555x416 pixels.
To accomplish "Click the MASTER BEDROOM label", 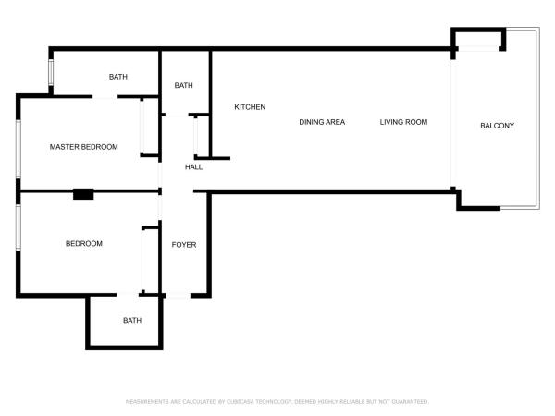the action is click(84, 147).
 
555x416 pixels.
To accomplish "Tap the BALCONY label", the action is click(497, 126).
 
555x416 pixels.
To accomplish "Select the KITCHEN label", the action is click(250, 107).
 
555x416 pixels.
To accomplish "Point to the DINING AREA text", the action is click(322, 122).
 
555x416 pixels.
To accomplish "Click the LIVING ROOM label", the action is click(403, 122).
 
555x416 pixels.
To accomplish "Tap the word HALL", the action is click(193, 167).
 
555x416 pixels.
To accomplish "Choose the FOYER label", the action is click(184, 245).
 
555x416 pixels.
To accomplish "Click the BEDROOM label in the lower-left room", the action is click(84, 244).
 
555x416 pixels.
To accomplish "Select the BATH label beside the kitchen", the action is click(184, 85).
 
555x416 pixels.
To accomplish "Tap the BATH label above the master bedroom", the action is click(118, 77).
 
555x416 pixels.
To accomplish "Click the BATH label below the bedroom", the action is click(132, 321).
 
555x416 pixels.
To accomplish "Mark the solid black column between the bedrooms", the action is click(83, 194).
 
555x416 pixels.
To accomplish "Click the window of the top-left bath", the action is click(51, 72).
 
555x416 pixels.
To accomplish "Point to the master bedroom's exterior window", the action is click(18, 149).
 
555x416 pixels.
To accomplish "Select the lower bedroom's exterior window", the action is click(18, 227).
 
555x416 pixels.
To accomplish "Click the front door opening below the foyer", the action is click(179, 296).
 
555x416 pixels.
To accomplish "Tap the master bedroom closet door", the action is click(142, 127).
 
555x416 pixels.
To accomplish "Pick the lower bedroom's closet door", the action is click(143, 261).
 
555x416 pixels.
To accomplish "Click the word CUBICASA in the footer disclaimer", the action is click(240, 402).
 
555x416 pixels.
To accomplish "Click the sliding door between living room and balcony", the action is click(453, 123).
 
